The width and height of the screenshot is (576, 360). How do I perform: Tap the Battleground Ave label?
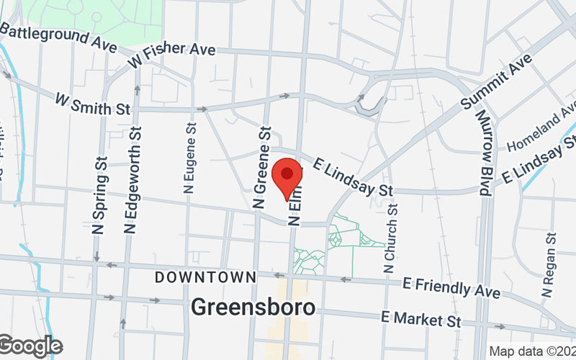58,37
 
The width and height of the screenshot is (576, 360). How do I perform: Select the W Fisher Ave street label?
172,55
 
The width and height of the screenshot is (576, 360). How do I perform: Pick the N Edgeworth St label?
133,179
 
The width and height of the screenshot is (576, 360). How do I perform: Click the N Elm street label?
294,209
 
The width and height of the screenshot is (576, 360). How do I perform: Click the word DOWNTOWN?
205,277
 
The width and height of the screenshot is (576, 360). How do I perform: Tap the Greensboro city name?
253,307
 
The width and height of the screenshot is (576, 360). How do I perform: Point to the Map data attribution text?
531,351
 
